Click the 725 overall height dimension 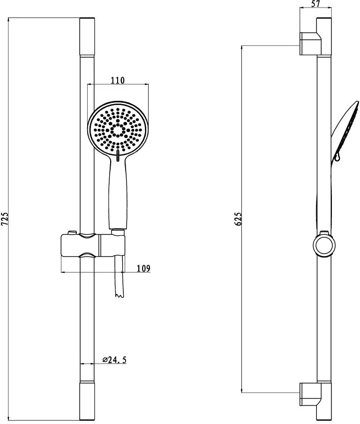[5, 220]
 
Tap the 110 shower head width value [118, 80]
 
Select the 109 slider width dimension [143, 268]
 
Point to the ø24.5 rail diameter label [114, 360]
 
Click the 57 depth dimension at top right [315, 4]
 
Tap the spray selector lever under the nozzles [118, 156]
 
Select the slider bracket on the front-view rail [93, 245]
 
